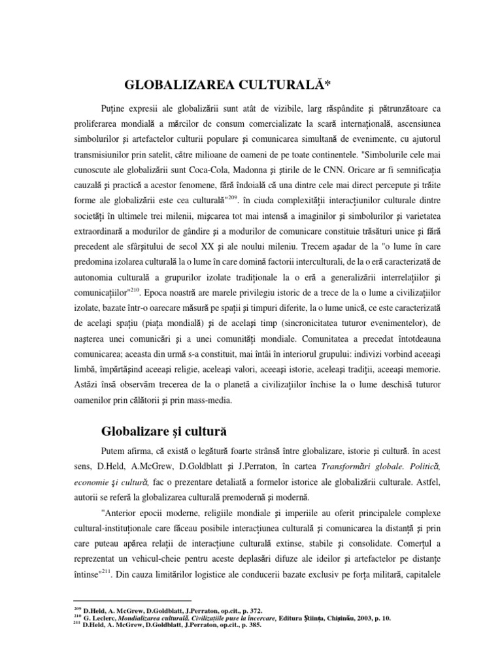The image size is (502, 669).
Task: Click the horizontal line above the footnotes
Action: [132, 600]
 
